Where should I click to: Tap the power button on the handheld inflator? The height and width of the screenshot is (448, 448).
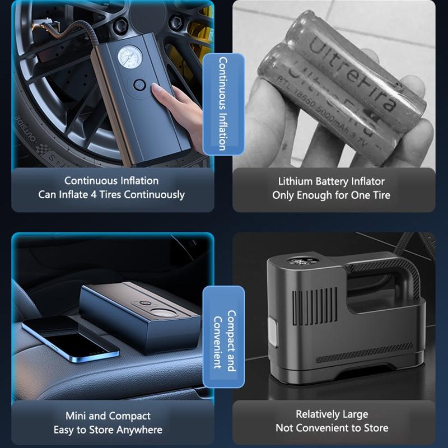139,85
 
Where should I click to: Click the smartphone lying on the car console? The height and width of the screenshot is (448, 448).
71,338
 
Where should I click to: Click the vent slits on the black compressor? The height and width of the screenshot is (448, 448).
315,307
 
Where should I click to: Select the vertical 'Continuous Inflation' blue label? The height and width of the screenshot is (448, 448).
223,104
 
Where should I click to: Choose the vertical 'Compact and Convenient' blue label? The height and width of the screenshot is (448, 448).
223,337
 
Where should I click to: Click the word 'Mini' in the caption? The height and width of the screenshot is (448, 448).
76,416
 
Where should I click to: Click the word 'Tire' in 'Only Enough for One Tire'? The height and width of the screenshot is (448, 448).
381,195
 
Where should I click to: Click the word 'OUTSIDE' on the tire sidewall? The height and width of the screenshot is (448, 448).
26,129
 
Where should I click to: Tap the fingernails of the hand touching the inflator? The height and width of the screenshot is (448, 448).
156,89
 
